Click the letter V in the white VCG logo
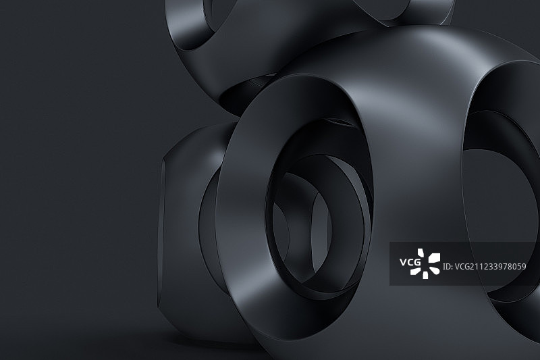click(403, 263)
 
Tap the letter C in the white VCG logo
click(410, 263)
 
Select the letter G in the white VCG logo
click(417, 263)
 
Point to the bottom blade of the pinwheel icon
click(426, 275)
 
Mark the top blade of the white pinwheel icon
click(421, 253)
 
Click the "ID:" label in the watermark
click(447, 266)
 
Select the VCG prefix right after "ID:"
click(462, 266)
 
